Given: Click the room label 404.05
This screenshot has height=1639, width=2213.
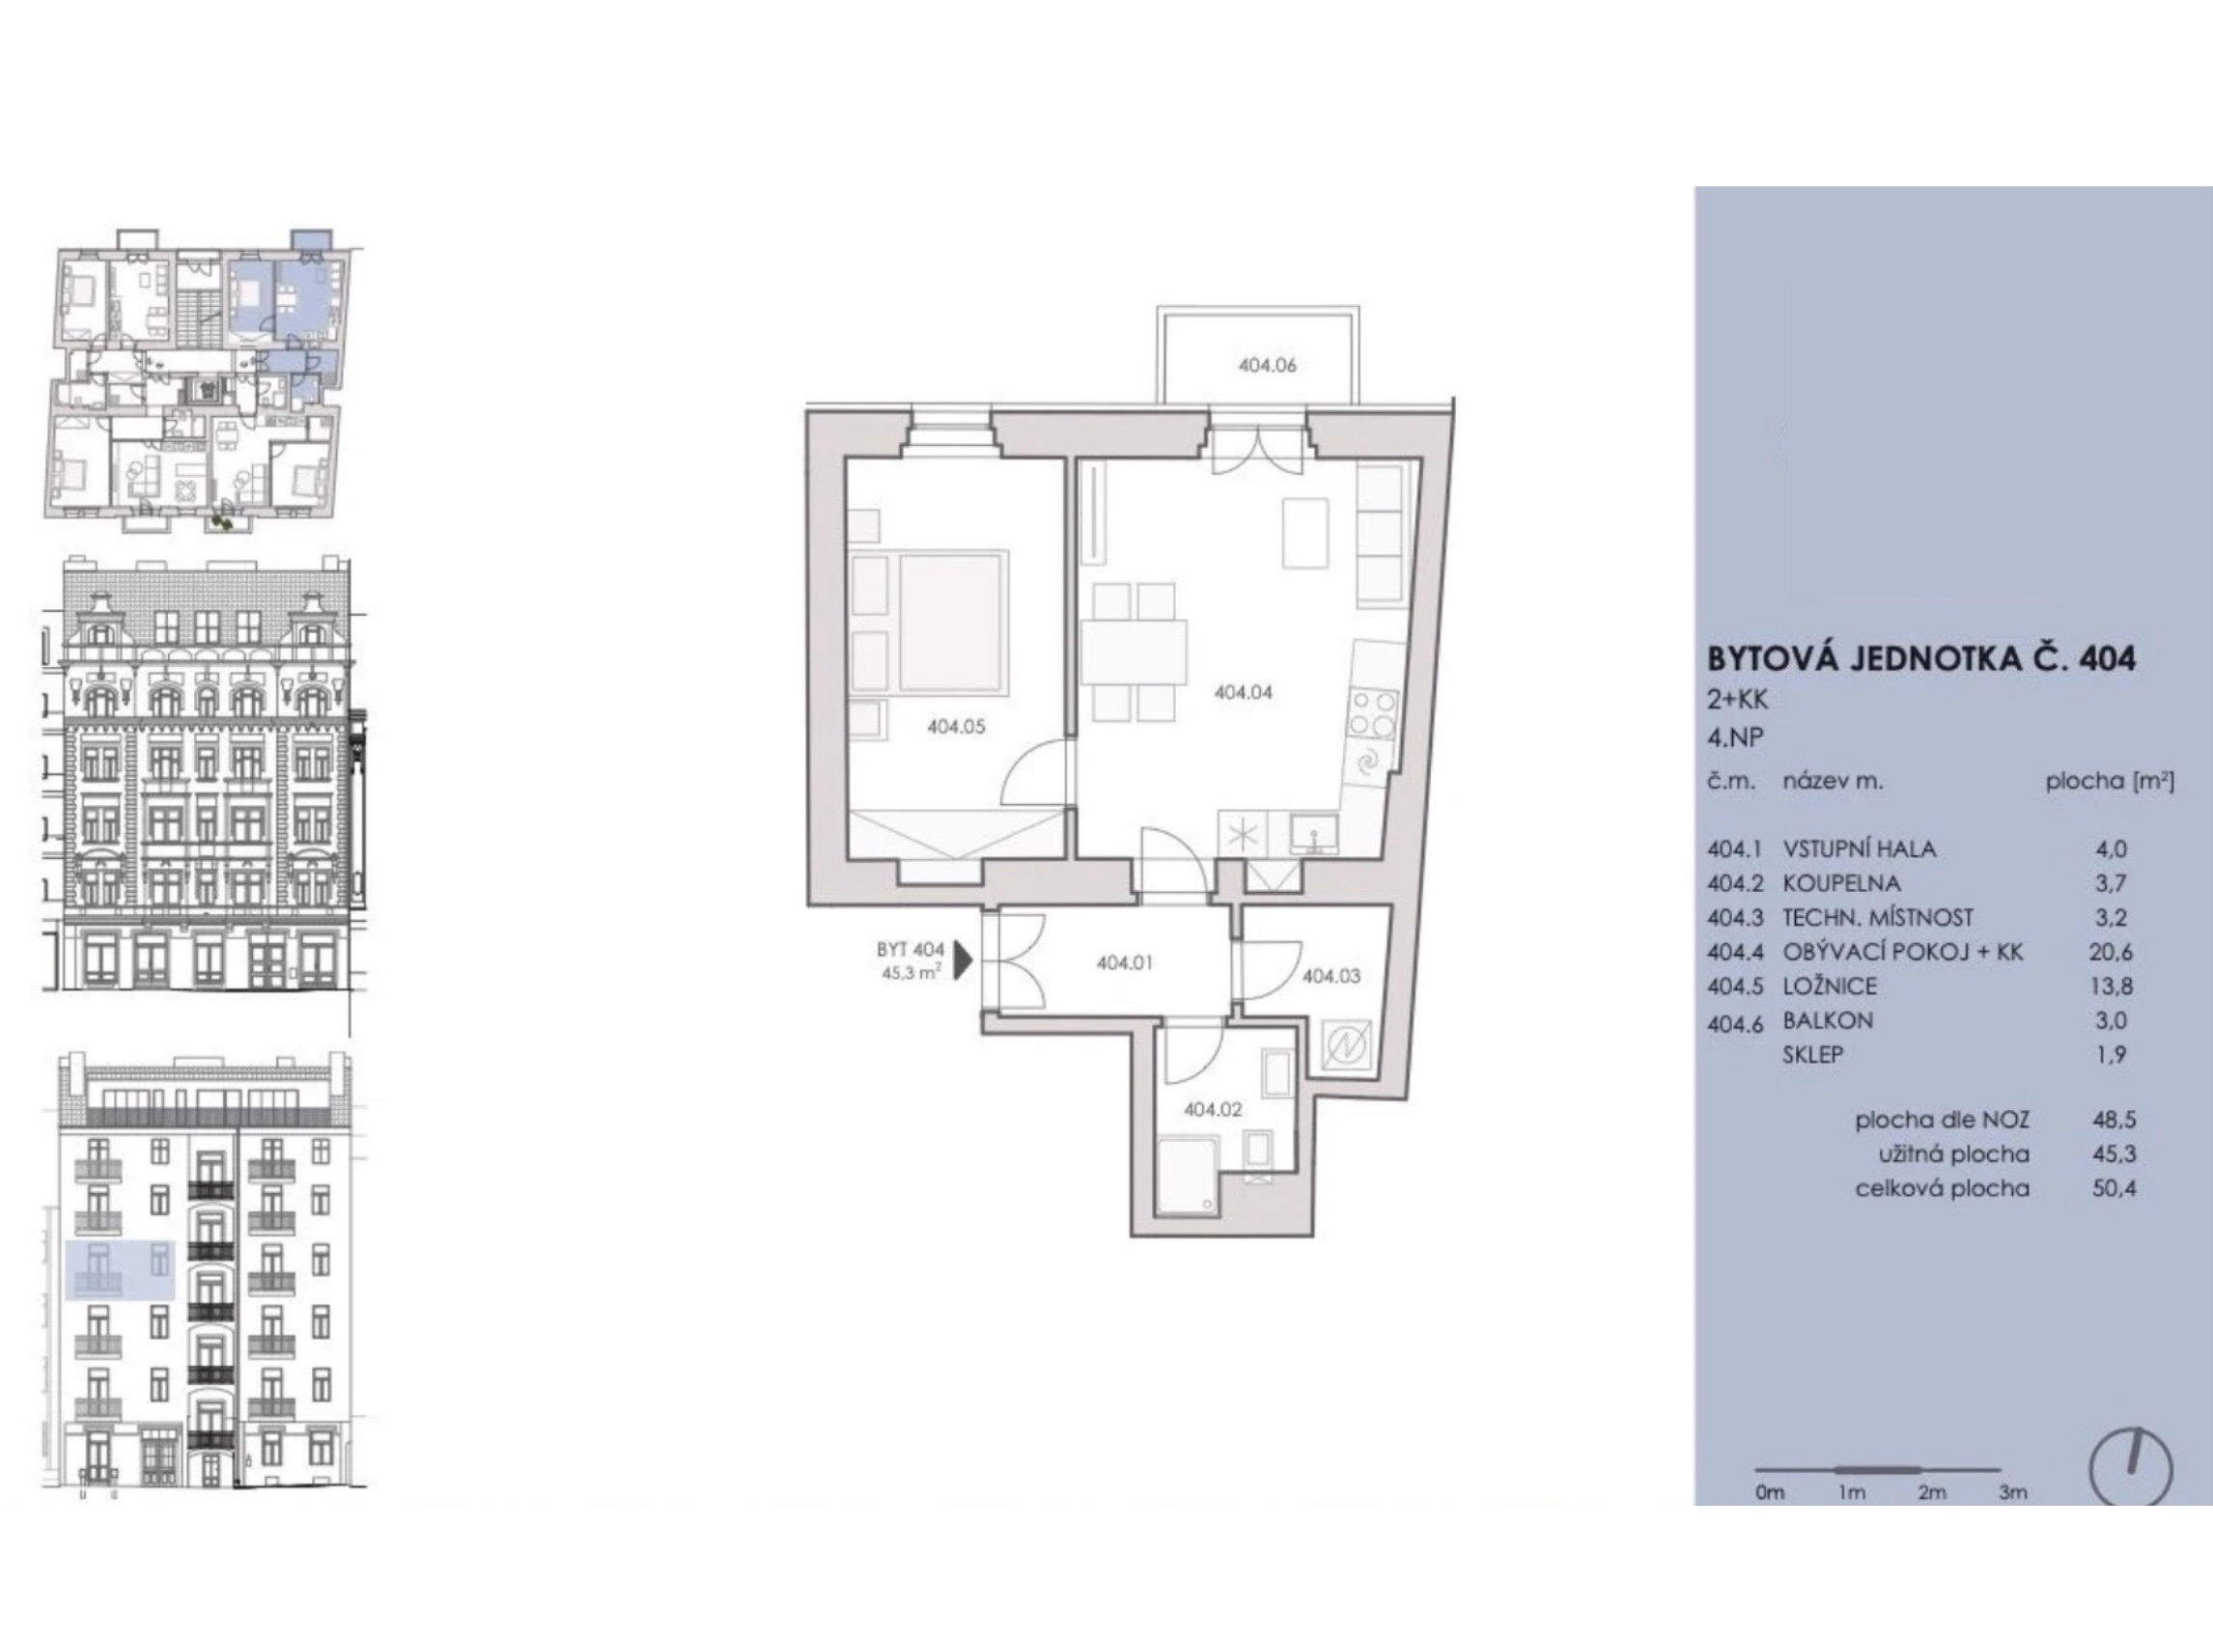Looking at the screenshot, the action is pos(956,726).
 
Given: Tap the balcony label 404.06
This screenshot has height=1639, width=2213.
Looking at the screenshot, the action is pos(1268,365).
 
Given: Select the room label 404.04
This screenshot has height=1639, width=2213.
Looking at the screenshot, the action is pos(1243,692).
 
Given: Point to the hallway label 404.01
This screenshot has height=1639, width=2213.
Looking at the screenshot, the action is pos(1125,962).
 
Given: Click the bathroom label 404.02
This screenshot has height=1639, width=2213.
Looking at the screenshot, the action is pos(1212,1109).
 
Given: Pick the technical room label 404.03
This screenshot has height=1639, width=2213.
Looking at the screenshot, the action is pos(1331,976).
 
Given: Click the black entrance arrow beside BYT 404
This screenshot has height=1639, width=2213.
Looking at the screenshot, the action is pos(962,960).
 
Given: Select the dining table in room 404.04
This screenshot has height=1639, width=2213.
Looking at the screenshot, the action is pos(1134,652).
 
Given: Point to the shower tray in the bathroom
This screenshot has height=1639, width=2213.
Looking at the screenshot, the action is pos(1187,1175).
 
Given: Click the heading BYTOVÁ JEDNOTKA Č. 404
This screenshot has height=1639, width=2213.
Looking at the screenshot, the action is pos(1921,658).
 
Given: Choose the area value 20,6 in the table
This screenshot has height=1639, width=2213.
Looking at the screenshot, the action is pos(2110,953).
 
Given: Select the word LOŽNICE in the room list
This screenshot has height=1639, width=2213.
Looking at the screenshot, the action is pos(1830,986).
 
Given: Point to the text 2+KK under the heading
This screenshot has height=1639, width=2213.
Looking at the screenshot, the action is pos(1738,701).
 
